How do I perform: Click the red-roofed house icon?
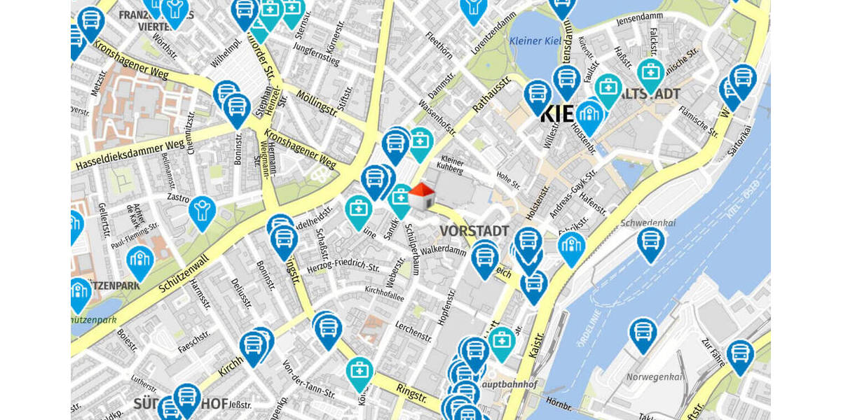[421, 197]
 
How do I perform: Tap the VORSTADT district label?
[474, 231]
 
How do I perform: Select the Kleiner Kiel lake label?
[540, 41]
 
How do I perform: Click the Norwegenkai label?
[654, 377]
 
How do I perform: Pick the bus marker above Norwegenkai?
[643, 334]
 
